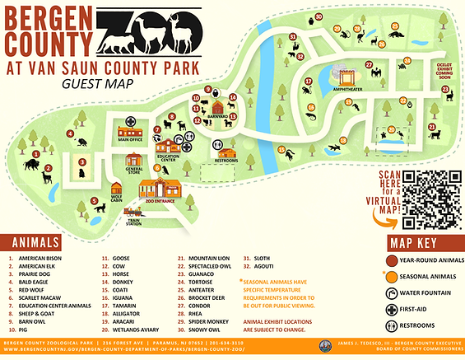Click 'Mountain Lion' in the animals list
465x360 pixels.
click(x=207, y=258)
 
